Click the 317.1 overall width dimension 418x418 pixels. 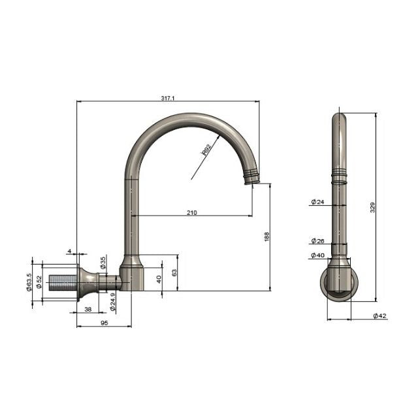(168, 98)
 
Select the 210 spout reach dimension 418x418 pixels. (193, 212)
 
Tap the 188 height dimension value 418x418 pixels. (266, 236)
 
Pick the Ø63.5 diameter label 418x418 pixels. (29, 282)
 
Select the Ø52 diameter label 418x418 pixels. (39, 282)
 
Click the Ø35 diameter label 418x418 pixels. (103, 263)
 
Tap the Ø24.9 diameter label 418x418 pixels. (113, 302)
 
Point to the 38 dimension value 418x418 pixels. (88, 310)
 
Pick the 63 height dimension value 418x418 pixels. (173, 272)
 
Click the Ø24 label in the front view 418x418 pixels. (317, 202)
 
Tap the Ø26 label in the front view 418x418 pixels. (317, 241)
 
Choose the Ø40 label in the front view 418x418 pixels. (317, 255)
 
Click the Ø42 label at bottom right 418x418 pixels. (380, 316)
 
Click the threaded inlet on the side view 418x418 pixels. (63, 282)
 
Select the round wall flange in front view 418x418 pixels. (340, 286)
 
